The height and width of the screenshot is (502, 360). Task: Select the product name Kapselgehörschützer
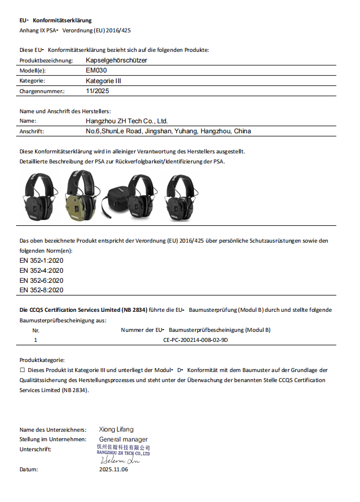tap(116, 60)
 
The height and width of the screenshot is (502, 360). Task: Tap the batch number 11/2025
tap(98, 91)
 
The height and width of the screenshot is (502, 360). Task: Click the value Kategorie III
tap(103, 81)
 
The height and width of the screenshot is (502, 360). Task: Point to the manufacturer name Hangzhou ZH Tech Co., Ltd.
tap(127, 120)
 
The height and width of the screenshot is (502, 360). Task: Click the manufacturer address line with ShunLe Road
tap(168, 131)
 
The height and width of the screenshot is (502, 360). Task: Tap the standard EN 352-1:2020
tap(41, 260)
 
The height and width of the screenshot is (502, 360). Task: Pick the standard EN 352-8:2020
tap(41, 290)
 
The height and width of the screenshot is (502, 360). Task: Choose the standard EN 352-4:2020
tap(41, 270)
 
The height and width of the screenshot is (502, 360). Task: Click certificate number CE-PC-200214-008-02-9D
tap(195, 340)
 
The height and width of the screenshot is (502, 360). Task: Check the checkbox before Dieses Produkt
tap(22, 370)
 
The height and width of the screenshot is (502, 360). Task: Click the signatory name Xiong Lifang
tap(116, 429)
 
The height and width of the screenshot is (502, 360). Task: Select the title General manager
tap(123, 440)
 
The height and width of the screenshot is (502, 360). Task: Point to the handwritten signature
tap(119, 461)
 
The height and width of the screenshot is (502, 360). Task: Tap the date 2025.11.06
tap(114, 470)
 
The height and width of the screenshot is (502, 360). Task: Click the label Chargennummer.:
tap(42, 91)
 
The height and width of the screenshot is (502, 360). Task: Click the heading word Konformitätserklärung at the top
tap(62, 20)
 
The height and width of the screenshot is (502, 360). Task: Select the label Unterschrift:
tap(36, 450)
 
